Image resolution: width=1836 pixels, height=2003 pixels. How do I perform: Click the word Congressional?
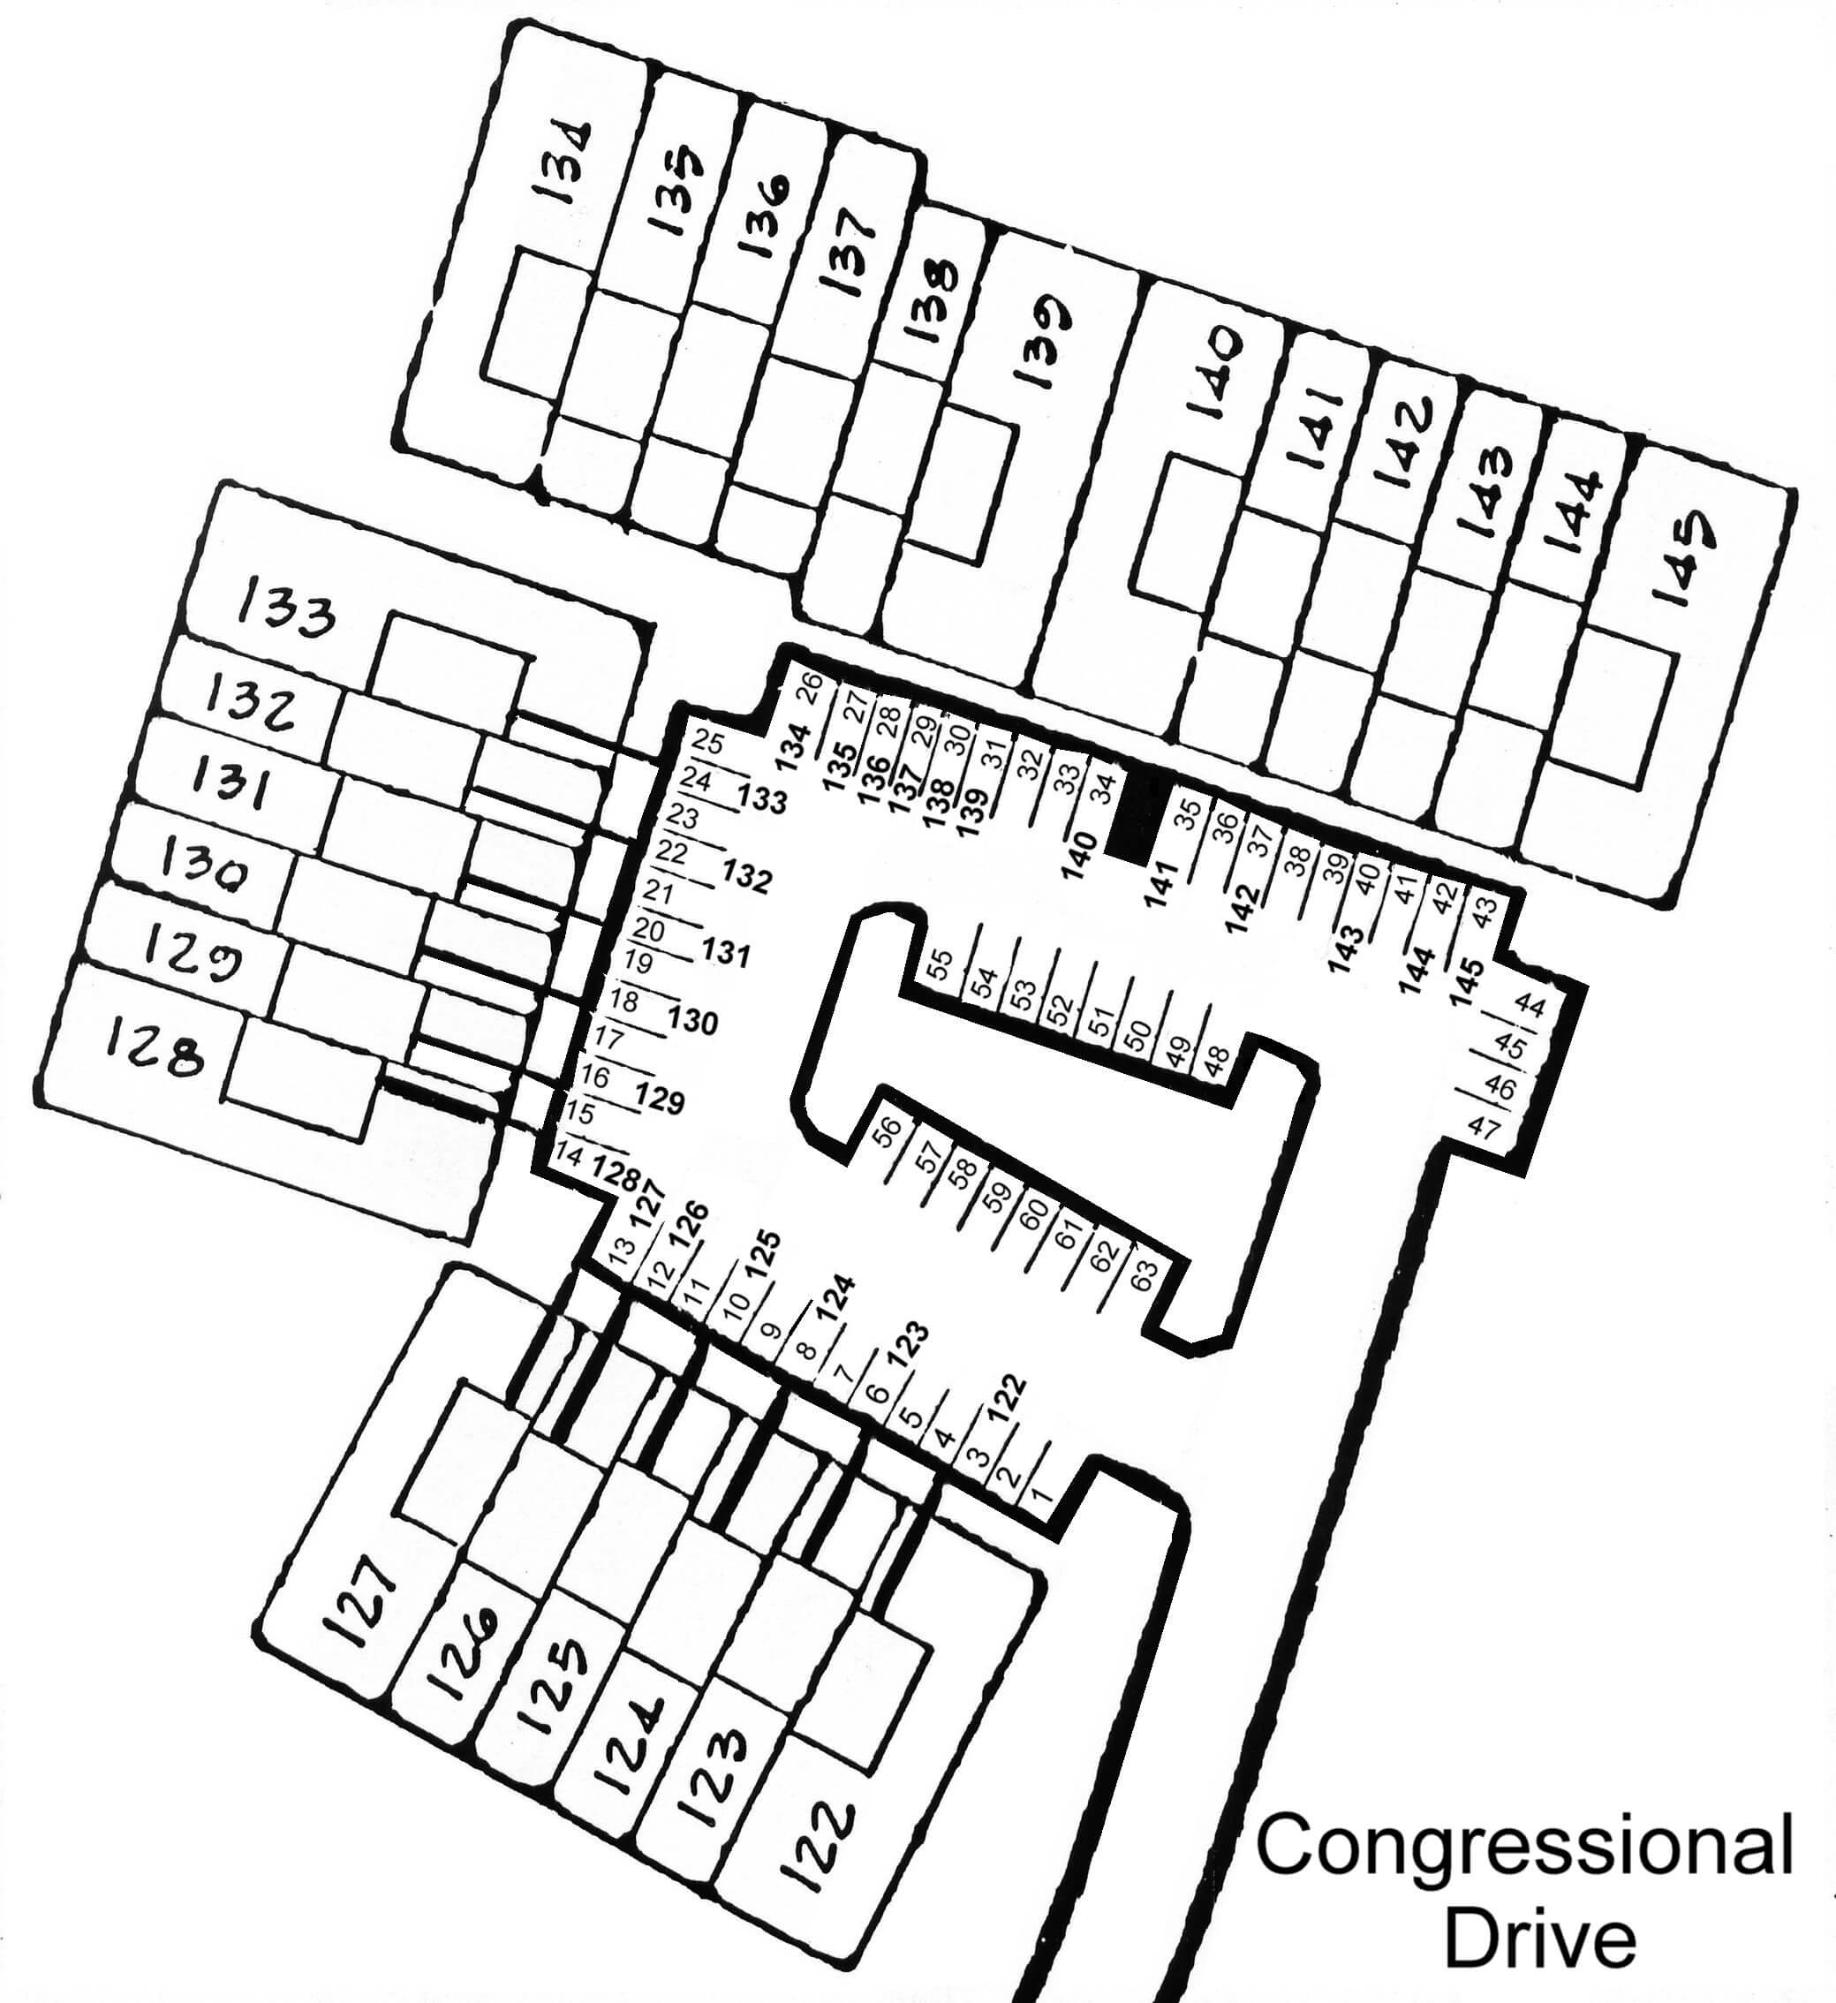point(1525,1844)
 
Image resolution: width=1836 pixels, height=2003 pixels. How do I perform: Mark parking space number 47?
point(1484,1128)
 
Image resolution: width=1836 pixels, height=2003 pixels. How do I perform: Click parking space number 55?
point(940,964)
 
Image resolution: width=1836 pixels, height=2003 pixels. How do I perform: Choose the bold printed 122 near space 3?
point(1005,1400)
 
